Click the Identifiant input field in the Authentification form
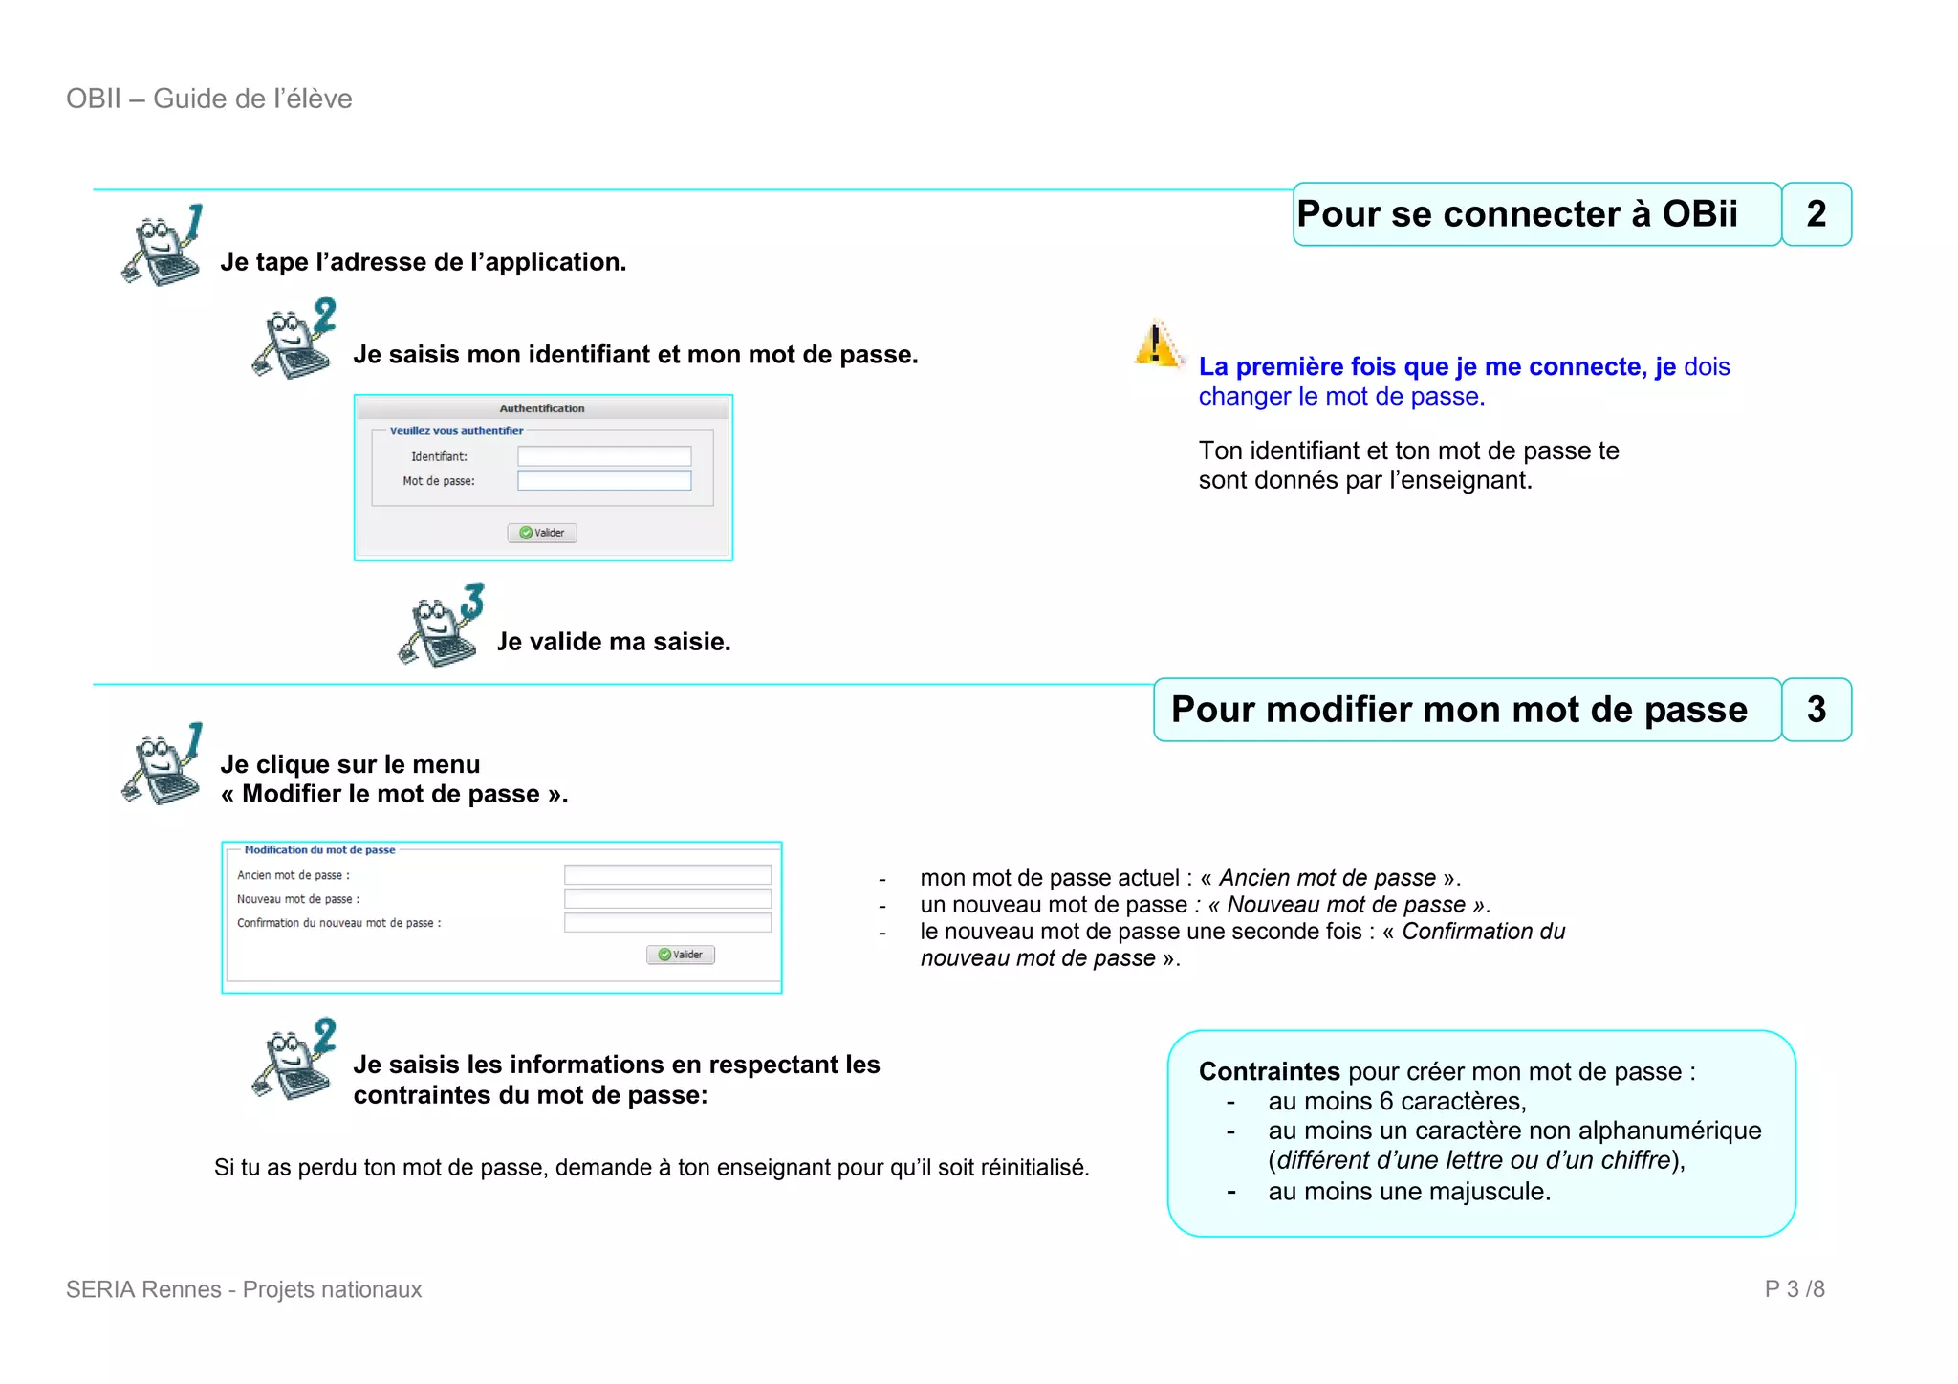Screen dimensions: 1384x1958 (603, 456)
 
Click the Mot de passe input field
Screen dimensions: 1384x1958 (603, 480)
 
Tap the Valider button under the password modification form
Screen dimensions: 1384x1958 (681, 955)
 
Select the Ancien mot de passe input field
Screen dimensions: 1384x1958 (666, 874)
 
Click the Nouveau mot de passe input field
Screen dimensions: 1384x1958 (666, 898)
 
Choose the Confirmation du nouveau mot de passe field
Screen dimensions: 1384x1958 (666, 922)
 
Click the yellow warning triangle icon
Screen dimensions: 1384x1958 (1157, 344)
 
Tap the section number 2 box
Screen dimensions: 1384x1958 (1816, 214)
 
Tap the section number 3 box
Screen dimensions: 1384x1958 (1816, 710)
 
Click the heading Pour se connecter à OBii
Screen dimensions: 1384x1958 (1516, 214)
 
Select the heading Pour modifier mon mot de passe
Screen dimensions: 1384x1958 (1459, 710)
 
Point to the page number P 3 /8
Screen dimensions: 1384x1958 (1794, 1289)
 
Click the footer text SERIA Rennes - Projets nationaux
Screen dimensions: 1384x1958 (244, 1289)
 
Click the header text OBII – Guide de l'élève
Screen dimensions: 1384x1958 (209, 99)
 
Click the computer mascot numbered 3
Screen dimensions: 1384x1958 (441, 626)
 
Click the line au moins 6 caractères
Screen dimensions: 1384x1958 (1396, 1101)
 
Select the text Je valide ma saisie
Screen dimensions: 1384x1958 (614, 642)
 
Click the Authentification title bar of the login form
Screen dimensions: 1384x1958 (542, 408)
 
